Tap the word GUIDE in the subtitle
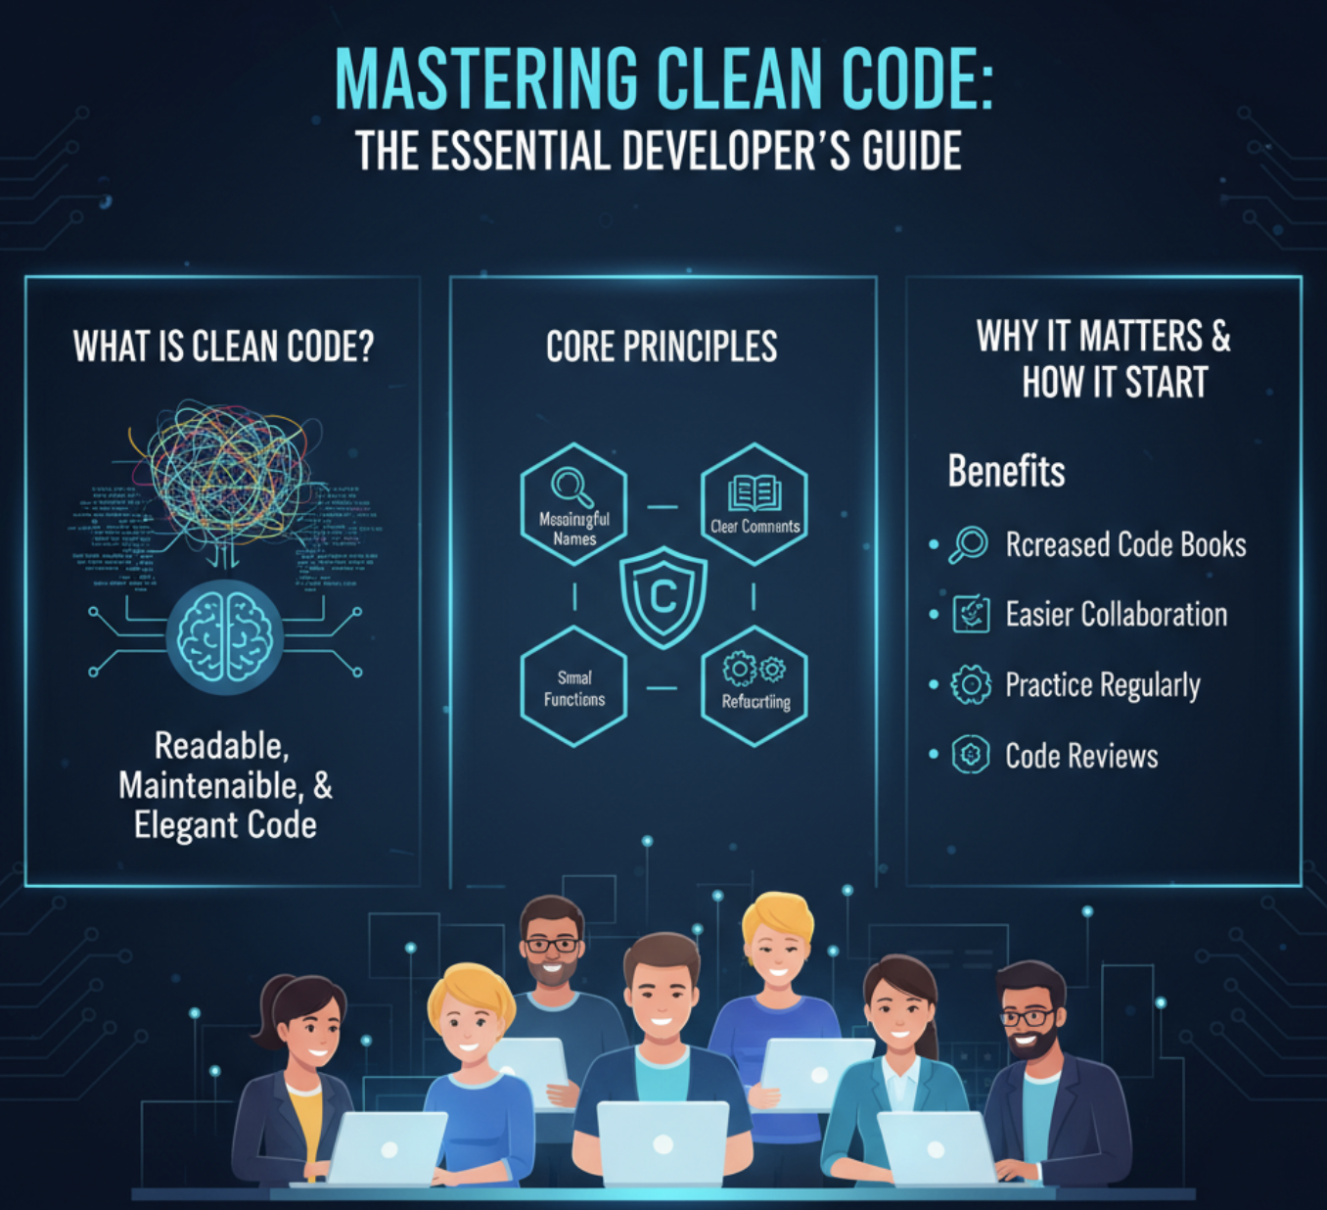click(912, 153)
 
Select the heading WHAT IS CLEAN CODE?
click(223, 347)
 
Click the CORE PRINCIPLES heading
click(662, 347)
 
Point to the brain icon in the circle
click(224, 637)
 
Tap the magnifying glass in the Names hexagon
click(572, 487)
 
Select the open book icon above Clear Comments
click(755, 492)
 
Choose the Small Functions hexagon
click(573, 687)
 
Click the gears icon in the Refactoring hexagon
click(754, 669)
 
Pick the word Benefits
click(1006, 472)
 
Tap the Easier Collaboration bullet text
click(1116, 615)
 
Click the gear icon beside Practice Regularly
click(971, 684)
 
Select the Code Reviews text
click(1081, 756)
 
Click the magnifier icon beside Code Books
click(969, 544)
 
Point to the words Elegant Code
click(225, 825)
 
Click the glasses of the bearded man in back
click(552, 946)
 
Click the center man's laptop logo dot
click(663, 1143)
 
